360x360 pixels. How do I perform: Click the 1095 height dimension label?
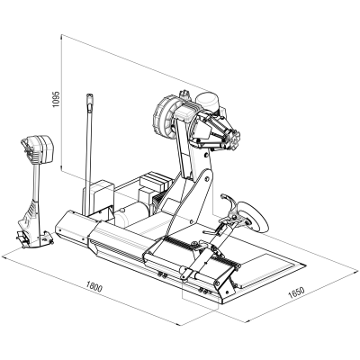pos(56,99)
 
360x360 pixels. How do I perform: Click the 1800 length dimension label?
pos(94,287)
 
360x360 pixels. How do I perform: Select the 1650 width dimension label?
pos(296,292)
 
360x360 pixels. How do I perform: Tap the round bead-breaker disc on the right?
pos(254,217)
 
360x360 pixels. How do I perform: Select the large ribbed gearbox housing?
pos(164,116)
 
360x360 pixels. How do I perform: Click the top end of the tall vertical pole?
pos(89,96)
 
